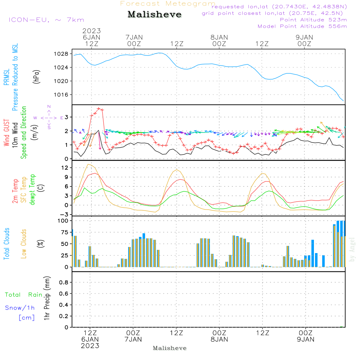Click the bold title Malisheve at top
[x=154, y=15]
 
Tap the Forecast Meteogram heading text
[x=168, y=4]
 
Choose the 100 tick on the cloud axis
[x=63, y=221]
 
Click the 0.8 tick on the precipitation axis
[x=64, y=283]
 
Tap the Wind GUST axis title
[x=7, y=133]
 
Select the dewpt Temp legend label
[x=32, y=190]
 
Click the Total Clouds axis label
[x=7, y=244]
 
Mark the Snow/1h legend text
[x=20, y=308]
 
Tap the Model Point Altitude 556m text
[x=302, y=26]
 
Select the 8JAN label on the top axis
[x=219, y=37]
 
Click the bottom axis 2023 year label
[x=90, y=346]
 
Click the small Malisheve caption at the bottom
[x=170, y=348]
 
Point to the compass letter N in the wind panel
[x=49, y=107]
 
